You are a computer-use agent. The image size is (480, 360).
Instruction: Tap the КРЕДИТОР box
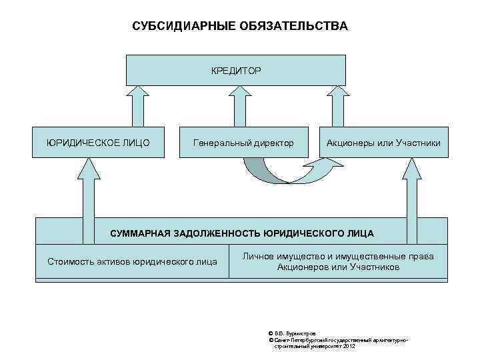tap(236, 70)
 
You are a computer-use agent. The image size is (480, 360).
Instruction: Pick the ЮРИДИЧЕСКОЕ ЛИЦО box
tap(98, 143)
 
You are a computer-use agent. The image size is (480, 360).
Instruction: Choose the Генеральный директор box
tap(243, 143)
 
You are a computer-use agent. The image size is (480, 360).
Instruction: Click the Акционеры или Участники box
tap(383, 143)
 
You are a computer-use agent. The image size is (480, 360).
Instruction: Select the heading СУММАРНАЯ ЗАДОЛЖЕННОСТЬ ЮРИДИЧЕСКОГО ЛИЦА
tap(241, 233)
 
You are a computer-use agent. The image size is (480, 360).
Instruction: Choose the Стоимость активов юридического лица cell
tap(132, 261)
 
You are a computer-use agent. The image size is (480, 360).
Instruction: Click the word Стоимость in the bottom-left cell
tap(69, 261)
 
